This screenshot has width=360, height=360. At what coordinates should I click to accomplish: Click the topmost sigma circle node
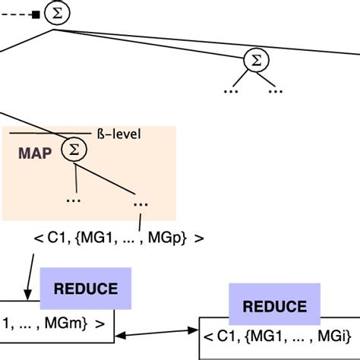point(55,13)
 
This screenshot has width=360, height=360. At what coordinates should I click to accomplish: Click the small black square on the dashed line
point(35,14)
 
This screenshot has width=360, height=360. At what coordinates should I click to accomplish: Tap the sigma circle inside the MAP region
point(74,150)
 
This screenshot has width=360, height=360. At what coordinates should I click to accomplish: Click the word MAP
point(34,153)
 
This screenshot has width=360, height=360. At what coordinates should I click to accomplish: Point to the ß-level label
point(120,134)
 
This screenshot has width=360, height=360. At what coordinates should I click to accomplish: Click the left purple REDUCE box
point(86,289)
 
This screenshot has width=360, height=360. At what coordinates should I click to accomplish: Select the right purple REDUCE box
point(273,306)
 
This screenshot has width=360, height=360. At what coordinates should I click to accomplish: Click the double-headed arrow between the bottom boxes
point(157,332)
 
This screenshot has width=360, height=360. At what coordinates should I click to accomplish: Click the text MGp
point(175,238)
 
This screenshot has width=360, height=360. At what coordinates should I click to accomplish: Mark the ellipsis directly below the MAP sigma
point(74,199)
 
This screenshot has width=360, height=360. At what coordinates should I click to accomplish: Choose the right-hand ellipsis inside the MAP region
point(140,203)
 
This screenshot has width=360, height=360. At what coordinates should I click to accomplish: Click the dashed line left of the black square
point(15,14)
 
